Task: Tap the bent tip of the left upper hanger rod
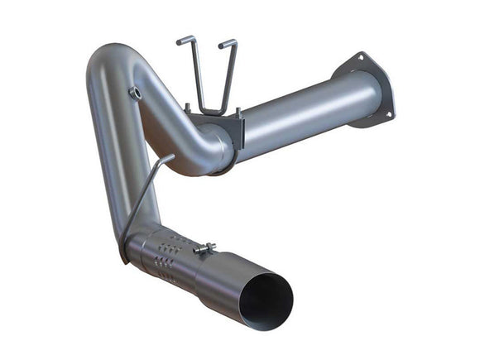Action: tap(180, 39)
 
